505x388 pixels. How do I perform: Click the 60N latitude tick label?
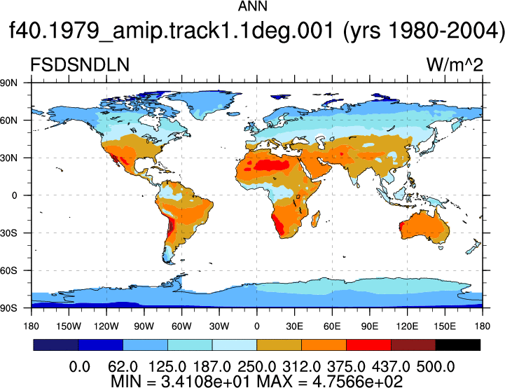click(x=8, y=120)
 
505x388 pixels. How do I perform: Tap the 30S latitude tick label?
click(x=8, y=233)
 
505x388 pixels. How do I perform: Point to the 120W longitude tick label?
click(x=106, y=326)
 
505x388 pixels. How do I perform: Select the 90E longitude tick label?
click(x=369, y=326)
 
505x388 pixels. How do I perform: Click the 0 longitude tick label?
click(x=256, y=326)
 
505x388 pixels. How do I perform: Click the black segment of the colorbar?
click(x=457, y=345)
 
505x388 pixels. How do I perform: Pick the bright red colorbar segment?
click(x=368, y=345)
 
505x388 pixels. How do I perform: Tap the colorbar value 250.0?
click(x=256, y=367)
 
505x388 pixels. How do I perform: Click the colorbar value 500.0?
click(x=436, y=367)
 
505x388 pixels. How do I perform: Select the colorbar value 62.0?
click(x=123, y=367)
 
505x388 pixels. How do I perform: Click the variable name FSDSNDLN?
click(x=80, y=64)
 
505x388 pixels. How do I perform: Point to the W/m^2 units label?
click(x=455, y=64)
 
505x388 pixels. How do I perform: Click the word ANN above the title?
click(x=252, y=6)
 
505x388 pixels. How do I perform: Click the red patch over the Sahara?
click(x=272, y=165)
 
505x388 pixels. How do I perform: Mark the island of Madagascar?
click(x=316, y=219)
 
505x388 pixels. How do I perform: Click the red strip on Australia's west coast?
click(x=401, y=226)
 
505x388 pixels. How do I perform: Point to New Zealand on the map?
click(x=473, y=247)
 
